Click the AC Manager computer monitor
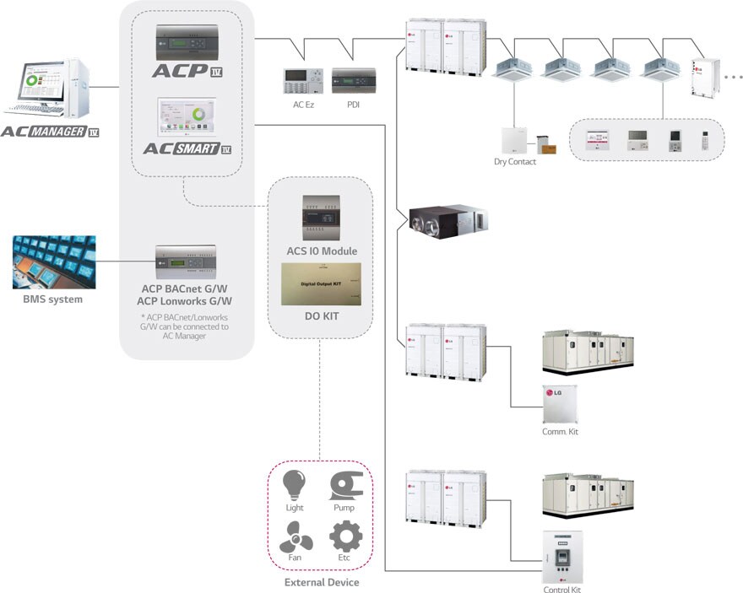click(39, 85)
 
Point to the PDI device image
click(348, 82)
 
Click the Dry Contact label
click(515, 161)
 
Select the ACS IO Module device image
click(321, 218)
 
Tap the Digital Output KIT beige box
click(321, 283)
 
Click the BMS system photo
click(53, 261)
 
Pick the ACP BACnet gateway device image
click(185, 264)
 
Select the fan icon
click(295, 536)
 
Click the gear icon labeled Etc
click(344, 536)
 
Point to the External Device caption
click(321, 582)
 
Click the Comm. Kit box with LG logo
click(561, 404)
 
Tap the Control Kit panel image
click(561, 557)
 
